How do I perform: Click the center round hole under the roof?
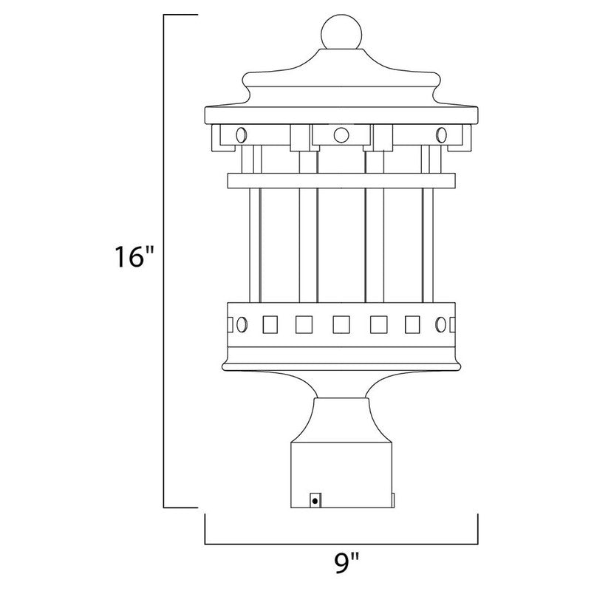point(341,134)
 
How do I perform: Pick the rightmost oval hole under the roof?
point(442,134)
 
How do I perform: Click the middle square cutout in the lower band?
point(341,324)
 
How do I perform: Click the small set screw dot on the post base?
point(317,501)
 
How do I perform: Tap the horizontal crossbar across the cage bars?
point(341,181)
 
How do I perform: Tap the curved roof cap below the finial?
point(341,74)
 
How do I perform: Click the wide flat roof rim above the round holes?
point(341,115)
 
